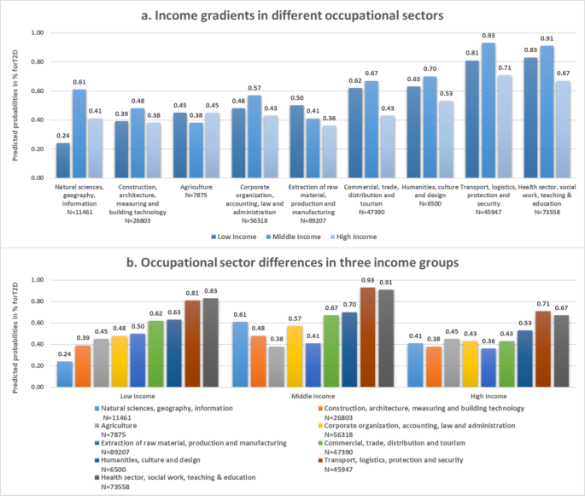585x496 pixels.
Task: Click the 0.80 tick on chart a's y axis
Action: click(x=37, y=61)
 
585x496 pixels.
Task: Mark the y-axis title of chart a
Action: click(x=10, y=105)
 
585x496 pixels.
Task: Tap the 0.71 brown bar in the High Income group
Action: click(x=543, y=348)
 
